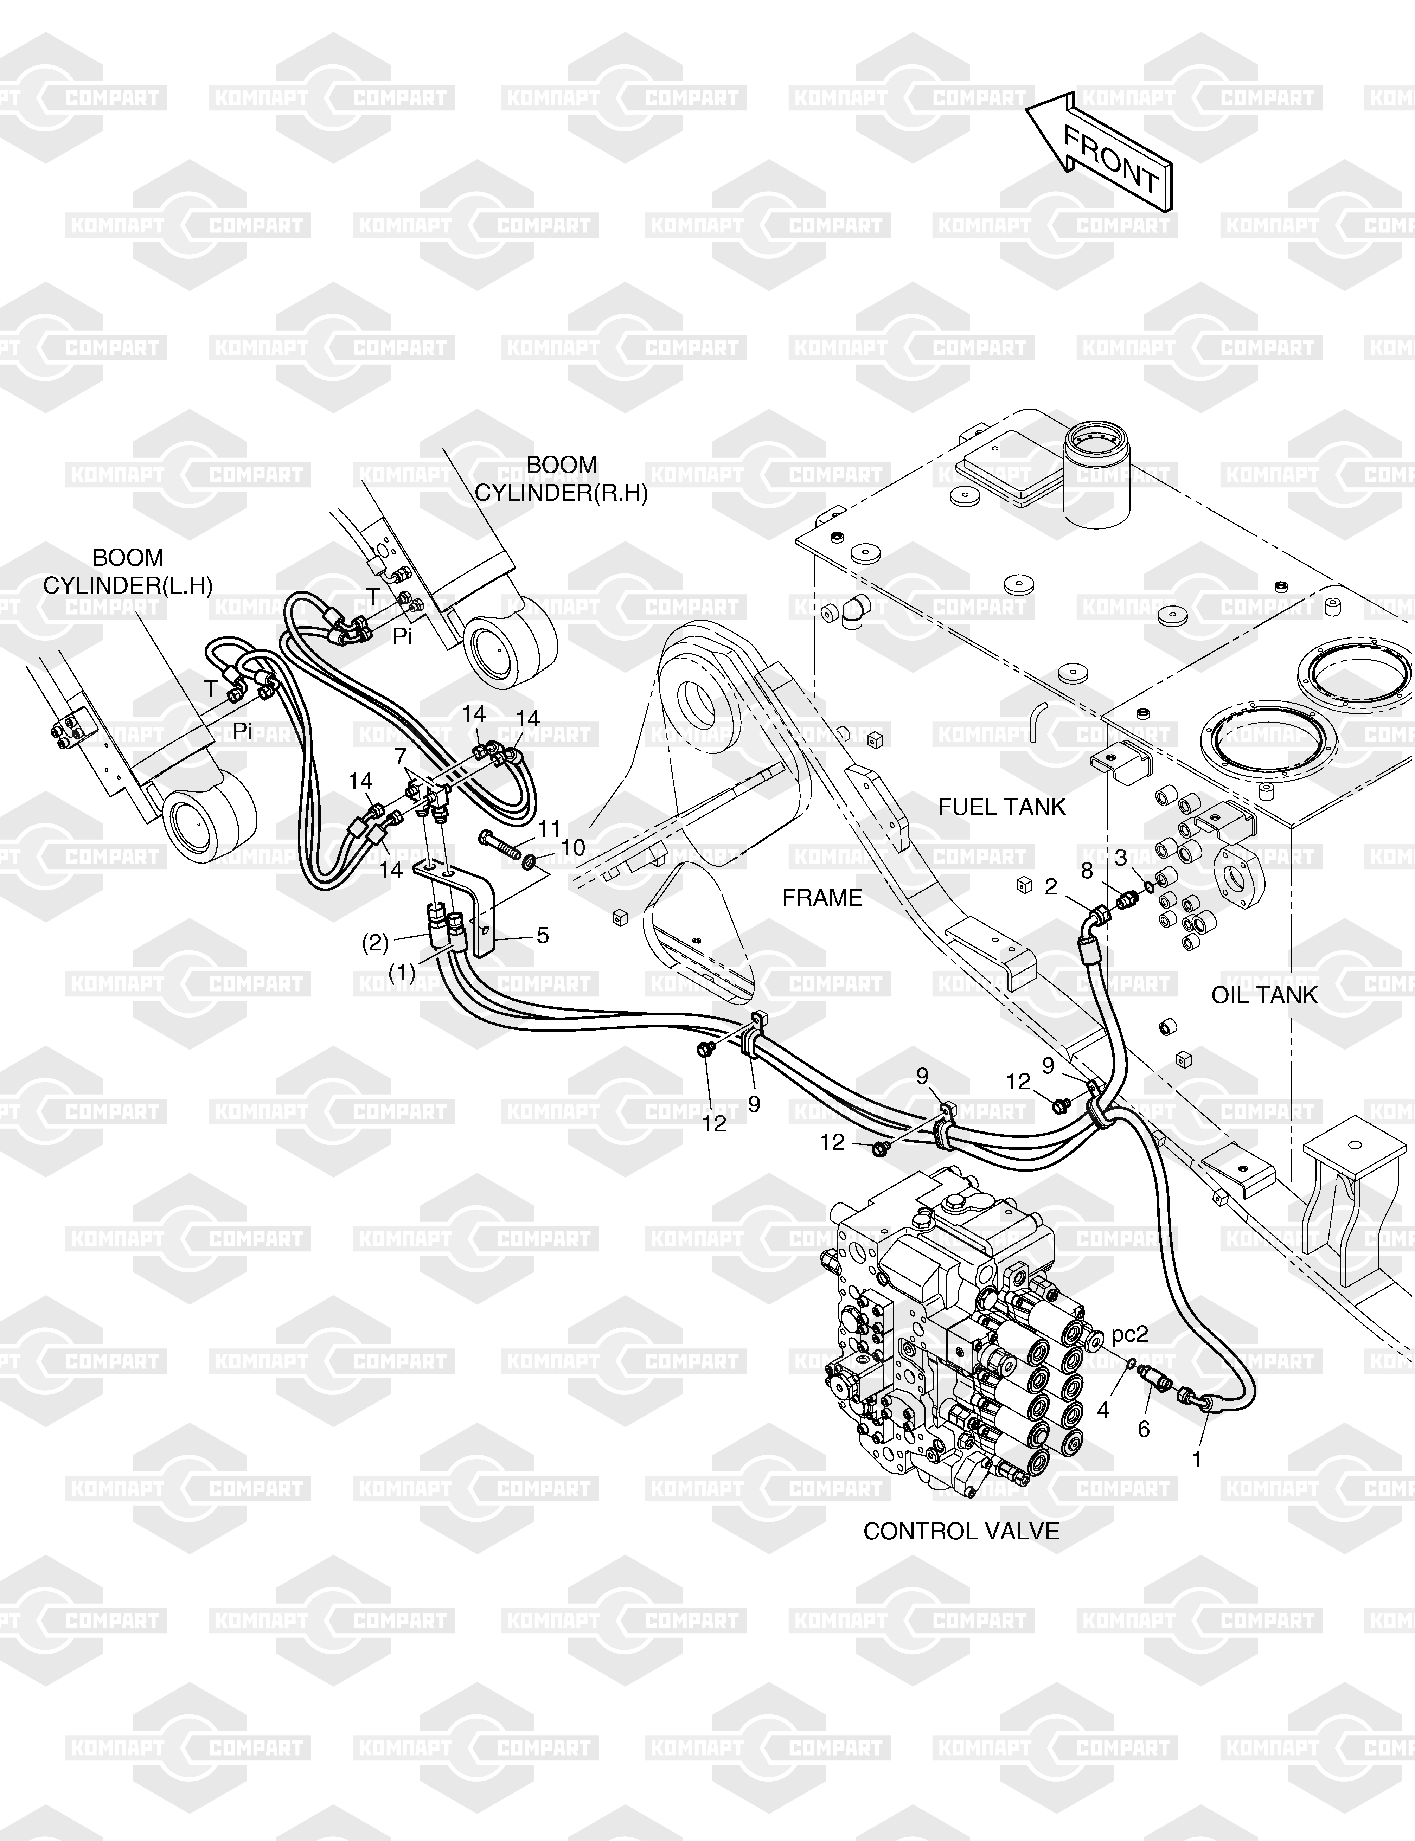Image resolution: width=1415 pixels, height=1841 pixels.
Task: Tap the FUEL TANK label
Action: [1001, 807]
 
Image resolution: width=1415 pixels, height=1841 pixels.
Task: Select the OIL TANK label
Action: [1263, 995]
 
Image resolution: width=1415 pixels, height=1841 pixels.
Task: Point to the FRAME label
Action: [822, 898]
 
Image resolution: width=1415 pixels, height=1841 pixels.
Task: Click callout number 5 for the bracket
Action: [543, 935]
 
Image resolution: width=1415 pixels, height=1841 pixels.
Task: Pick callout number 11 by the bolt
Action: [549, 829]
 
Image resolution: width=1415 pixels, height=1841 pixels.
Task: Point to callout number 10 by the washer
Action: [573, 847]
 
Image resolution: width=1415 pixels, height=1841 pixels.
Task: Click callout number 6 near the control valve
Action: [1143, 1429]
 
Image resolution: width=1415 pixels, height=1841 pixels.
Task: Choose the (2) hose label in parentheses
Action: [376, 943]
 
